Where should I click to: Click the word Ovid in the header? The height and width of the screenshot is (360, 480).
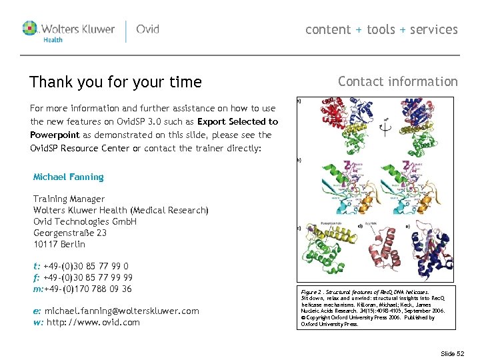coord(147,29)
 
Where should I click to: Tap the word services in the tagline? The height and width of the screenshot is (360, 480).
coord(434,29)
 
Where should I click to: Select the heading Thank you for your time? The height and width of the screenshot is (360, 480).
coord(115,82)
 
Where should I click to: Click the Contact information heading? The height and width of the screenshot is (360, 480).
coord(397,81)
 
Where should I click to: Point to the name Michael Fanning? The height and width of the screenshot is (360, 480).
coord(69,177)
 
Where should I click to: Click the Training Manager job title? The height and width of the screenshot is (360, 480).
coord(69,199)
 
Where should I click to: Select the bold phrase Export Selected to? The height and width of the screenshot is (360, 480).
coord(238,121)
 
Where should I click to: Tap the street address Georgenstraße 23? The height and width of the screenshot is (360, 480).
coord(70,233)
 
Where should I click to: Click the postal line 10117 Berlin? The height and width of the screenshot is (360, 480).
coord(59,244)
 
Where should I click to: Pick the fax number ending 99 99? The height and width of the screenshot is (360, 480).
coord(87,277)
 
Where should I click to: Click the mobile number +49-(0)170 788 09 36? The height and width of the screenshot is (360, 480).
coord(87,289)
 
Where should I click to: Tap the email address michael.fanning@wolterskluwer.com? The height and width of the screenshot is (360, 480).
coord(121,311)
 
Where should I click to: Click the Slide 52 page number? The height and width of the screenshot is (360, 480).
coord(452,353)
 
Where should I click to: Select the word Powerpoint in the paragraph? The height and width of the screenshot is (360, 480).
coord(55,135)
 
